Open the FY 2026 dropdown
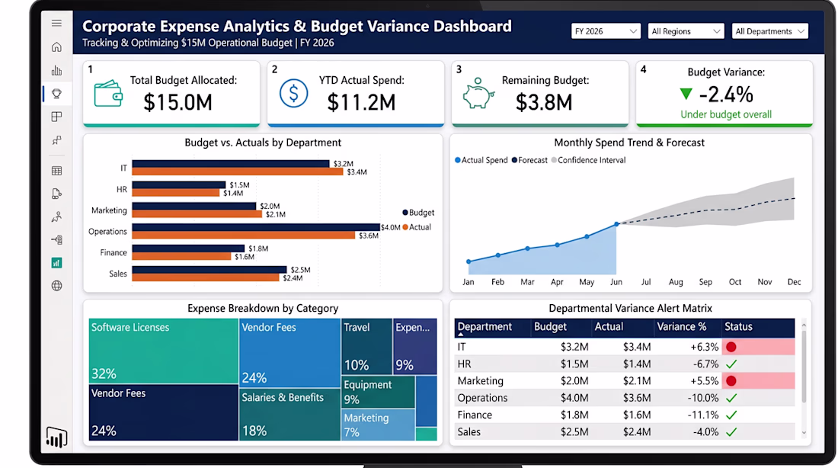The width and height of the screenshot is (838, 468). coord(606,31)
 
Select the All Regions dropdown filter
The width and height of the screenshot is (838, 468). coord(686,31)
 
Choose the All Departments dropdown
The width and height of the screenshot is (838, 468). coord(769,31)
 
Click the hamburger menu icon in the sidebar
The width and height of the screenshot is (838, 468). coord(56,23)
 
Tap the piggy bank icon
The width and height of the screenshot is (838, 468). coord(478,94)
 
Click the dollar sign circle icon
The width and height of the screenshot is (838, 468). coord(293,93)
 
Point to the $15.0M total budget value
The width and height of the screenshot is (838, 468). coord(178,102)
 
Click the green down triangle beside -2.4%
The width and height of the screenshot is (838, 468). coord(686,95)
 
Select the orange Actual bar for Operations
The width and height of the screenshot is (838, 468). coord(244,236)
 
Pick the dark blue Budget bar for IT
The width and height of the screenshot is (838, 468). coord(231,164)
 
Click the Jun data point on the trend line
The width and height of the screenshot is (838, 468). coord(616,224)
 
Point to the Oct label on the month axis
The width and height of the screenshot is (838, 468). coord(735,282)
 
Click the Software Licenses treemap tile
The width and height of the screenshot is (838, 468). coord(164,351)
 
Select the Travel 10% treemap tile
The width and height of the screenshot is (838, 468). coord(366,346)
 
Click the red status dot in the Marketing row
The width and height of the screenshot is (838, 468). coord(731,381)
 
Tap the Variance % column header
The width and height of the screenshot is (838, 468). coord(681,327)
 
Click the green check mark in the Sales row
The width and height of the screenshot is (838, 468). coord(731,431)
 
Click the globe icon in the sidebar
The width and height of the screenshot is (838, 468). coord(56,286)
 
